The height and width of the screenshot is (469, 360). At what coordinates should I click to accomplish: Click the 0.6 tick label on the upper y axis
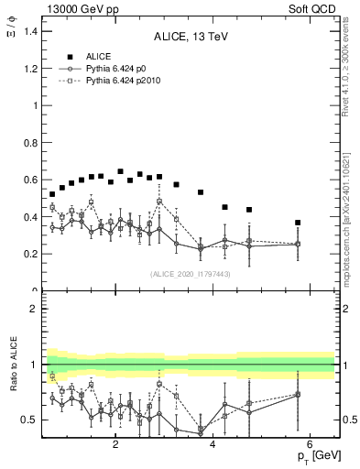[30, 180]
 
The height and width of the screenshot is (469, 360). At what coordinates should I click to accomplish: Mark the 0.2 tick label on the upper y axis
[30, 254]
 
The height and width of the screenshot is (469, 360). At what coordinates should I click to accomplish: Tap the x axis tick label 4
[213, 444]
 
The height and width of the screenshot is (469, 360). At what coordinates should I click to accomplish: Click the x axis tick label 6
[310, 444]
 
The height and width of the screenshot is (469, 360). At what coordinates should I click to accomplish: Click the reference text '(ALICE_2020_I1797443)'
[189, 274]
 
